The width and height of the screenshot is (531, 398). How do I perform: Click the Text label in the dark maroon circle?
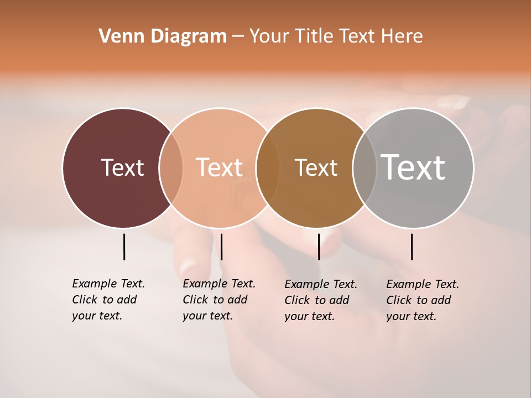click(122, 167)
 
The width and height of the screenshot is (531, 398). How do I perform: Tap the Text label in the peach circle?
click(220, 167)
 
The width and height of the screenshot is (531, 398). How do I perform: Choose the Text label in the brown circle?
click(316, 167)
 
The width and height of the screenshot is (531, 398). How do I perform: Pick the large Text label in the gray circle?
click(413, 167)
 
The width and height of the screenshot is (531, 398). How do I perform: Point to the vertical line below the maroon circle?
click(124, 247)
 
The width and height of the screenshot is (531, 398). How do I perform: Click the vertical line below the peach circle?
click(221, 247)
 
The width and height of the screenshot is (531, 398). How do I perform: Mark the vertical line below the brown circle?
click(319, 247)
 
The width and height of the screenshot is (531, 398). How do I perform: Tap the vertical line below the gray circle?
click(412, 247)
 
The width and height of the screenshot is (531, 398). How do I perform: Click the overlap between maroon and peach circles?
click(171, 167)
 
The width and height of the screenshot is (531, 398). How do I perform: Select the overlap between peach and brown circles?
click(268, 167)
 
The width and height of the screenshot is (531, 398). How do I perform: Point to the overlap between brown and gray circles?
click(364, 167)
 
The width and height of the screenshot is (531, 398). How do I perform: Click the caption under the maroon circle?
click(108, 300)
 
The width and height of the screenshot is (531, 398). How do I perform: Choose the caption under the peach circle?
click(218, 300)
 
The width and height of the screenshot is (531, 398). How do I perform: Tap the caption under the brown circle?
click(320, 300)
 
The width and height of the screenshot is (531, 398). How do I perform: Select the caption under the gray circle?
click(422, 300)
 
